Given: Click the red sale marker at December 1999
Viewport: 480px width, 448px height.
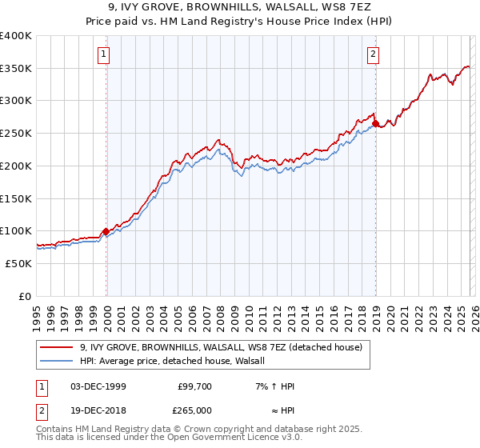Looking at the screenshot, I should [106, 231].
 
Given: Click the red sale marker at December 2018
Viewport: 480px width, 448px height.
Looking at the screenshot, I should [375, 124].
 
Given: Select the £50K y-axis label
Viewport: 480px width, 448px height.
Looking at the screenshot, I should [18, 263].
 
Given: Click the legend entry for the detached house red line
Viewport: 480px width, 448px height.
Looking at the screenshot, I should [222, 347].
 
